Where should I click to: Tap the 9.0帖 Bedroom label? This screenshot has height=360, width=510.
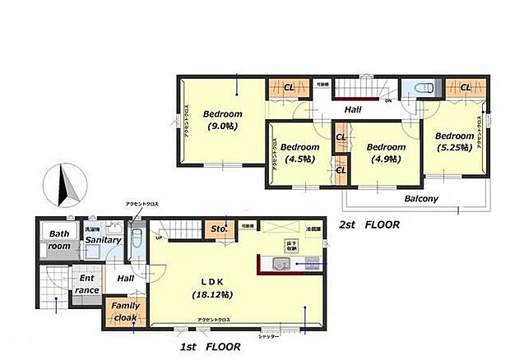coord(223,120)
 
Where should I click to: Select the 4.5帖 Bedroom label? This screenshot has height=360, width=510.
coord(299,154)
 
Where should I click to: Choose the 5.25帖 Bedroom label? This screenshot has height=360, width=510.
coord(454,141)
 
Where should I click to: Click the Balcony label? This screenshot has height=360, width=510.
coord(420,199)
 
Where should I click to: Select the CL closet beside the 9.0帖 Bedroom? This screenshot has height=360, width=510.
coord(289,88)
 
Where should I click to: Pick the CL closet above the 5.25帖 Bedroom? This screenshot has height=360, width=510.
coord(466,88)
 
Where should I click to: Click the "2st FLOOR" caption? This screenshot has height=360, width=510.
coord(370,224)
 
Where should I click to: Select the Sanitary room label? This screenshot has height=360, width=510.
coord(104,240)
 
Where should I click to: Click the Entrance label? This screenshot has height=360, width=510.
coord(86,284)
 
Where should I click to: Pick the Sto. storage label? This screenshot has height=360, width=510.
coord(220,228)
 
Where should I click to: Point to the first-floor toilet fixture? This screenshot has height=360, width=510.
coord(137,242)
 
